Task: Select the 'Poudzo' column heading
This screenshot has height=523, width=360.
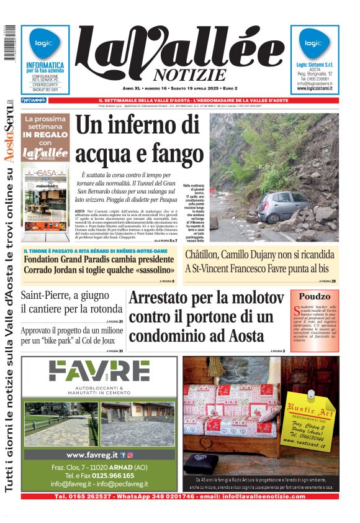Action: coord(315,296)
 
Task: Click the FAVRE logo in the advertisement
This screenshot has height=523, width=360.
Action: coord(99,371)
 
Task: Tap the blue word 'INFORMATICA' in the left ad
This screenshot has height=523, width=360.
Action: coord(45,65)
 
